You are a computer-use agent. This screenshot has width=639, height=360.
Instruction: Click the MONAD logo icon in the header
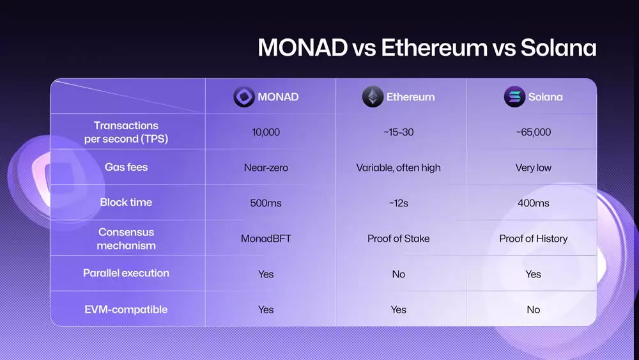click(243, 97)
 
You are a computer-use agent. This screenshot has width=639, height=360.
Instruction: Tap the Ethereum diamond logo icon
click(373, 97)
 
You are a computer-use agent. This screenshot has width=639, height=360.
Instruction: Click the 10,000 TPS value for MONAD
click(266, 132)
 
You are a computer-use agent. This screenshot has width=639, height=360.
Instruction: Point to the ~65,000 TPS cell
click(533, 132)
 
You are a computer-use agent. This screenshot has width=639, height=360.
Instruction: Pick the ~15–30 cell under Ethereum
click(398, 132)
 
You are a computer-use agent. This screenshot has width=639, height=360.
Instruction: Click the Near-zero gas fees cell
click(266, 168)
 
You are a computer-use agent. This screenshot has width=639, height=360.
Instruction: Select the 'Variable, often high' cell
click(398, 168)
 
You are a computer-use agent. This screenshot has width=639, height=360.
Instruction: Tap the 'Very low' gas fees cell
click(533, 168)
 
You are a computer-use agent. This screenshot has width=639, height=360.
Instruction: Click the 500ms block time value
click(266, 203)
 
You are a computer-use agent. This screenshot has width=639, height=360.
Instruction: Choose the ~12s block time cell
click(398, 203)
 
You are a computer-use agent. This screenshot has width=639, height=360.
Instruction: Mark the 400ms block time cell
click(533, 203)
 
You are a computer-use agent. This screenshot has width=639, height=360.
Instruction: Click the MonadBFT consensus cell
click(266, 239)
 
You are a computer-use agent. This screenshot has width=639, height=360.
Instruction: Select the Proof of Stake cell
click(398, 239)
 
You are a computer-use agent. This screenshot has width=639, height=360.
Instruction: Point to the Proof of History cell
click(533, 239)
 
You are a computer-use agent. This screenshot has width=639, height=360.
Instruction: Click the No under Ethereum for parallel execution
click(398, 274)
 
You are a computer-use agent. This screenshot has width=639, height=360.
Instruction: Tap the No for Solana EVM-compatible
click(533, 309)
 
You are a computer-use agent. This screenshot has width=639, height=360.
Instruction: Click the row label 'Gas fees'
click(126, 167)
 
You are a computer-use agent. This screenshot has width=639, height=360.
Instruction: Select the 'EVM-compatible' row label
click(126, 309)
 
